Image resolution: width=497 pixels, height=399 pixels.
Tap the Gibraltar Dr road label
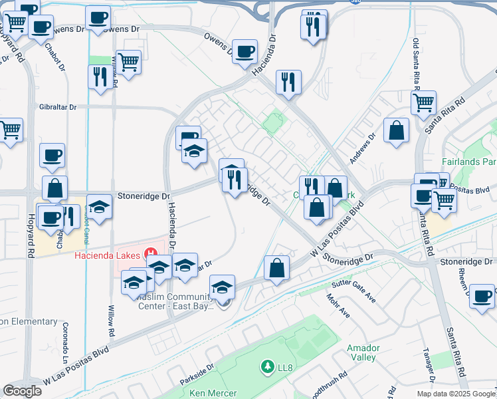point(58,106)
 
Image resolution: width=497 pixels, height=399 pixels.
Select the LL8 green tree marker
point(268,366)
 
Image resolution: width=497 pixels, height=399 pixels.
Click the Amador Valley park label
point(363,352)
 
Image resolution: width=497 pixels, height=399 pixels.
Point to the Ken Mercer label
point(213,393)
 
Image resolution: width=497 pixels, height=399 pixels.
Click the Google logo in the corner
point(22,391)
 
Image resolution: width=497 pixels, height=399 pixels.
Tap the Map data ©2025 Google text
point(456,394)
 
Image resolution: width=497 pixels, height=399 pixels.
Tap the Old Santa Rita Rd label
point(417,61)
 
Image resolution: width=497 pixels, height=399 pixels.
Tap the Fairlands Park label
point(469,162)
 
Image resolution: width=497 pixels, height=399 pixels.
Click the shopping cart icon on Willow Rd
point(128,63)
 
